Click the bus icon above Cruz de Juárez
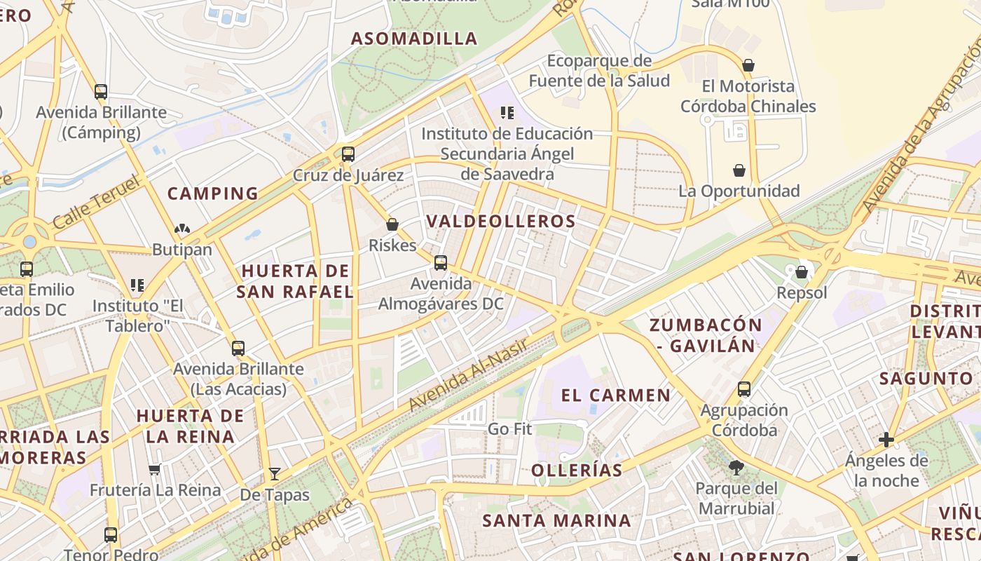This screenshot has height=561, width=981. click(348, 154)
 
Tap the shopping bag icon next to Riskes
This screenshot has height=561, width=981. click(392, 224)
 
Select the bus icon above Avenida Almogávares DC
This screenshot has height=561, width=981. click(440, 263)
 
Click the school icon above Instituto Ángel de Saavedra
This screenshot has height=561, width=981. click(507, 113)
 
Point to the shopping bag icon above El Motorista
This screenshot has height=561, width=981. click(748, 66)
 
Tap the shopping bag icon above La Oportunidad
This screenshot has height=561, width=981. click(739, 170)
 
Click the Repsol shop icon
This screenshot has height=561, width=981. click(801, 272)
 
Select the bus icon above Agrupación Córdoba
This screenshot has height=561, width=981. click(743, 388)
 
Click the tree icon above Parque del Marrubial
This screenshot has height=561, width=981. click(736, 468)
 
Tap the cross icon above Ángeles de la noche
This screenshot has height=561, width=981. click(886, 440)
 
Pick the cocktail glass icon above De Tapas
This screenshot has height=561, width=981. click(274, 474)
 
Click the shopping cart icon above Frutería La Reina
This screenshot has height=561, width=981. click(154, 469)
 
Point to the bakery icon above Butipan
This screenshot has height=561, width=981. click(181, 229)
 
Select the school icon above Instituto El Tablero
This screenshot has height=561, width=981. click(137, 285)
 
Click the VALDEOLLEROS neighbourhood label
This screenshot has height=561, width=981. click(500, 222)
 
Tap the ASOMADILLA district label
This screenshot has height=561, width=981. click(414, 39)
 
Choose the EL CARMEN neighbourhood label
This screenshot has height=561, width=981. click(616, 396)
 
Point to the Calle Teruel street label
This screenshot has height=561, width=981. click(96, 203)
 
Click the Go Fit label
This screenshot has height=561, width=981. click(509, 428)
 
